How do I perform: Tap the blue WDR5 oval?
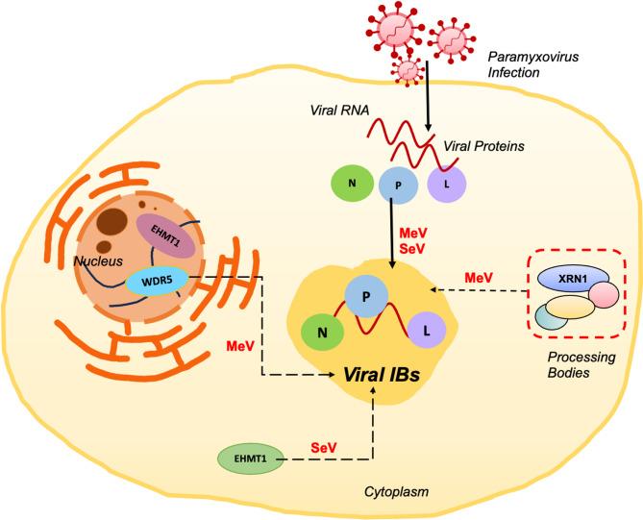[x=159, y=282]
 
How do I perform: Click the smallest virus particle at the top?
[x=410, y=69]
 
